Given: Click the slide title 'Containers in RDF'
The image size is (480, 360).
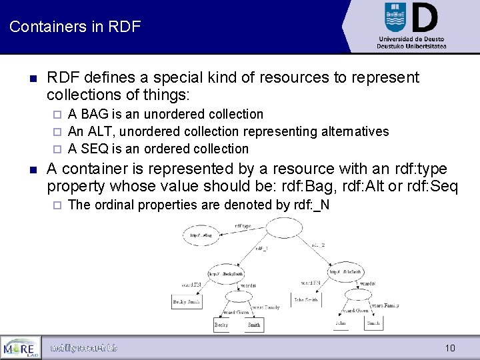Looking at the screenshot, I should point(75,27).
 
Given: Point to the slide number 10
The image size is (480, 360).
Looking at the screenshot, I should point(450,348).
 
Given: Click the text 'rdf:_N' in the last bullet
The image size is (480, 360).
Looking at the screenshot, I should point(311,205).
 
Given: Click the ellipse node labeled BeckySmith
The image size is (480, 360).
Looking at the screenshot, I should point(226,273).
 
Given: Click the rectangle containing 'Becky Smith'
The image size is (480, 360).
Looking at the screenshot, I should point(187,301).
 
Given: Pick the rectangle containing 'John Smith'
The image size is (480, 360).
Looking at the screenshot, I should point(306,300).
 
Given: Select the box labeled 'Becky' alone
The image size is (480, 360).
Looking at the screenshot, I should point(221,325).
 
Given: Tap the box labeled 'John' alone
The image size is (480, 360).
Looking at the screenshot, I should point(341,323).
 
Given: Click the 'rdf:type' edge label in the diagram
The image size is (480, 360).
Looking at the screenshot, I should point(243,225).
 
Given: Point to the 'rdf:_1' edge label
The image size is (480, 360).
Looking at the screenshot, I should point(261,249).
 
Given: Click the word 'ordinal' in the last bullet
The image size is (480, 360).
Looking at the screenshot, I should point(113,205).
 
